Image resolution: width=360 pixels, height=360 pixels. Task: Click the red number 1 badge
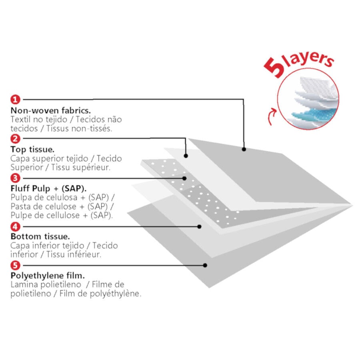point(15,100)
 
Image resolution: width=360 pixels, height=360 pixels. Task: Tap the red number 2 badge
point(15,139)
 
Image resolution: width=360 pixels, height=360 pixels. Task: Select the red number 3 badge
point(15,178)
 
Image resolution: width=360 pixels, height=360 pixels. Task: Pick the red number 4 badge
point(15,227)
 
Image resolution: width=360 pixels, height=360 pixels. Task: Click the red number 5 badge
point(15,266)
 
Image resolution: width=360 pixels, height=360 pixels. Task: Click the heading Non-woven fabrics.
point(51,111)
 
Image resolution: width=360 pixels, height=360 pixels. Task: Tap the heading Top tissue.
point(32,150)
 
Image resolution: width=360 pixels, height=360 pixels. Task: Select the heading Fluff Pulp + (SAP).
point(49,189)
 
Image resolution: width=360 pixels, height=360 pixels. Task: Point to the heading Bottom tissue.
point(40,236)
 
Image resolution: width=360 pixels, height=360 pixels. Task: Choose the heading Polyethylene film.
point(48,276)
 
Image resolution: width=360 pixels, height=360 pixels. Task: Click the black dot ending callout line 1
point(244,149)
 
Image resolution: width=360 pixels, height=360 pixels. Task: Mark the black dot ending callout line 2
point(186,156)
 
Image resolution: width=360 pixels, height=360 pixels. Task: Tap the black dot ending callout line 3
point(184,178)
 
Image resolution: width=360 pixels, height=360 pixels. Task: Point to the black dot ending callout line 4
point(199,227)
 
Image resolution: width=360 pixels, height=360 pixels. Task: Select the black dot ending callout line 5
point(205,266)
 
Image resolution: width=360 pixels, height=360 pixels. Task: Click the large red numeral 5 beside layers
point(274,67)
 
